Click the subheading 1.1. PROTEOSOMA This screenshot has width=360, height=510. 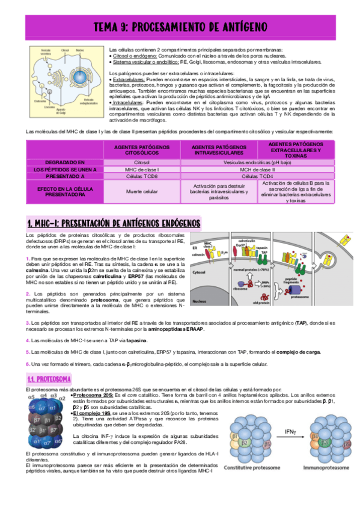[x=49, y=379]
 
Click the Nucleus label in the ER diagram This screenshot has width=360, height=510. [x=210, y=301]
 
